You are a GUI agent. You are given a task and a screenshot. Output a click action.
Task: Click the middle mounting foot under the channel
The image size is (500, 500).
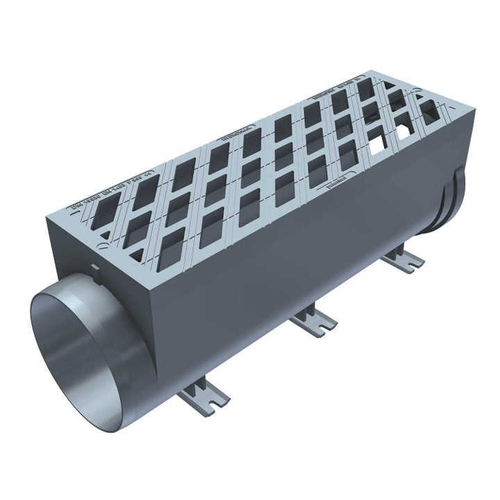click(x=314, y=320)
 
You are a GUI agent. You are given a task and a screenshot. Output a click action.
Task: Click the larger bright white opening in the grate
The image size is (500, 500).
click(x=377, y=144)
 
